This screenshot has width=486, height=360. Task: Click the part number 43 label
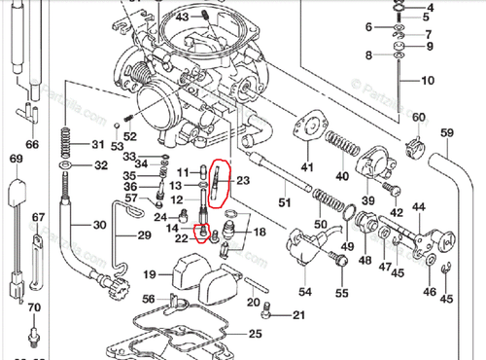[182, 18]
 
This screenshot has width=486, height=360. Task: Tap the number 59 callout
[447, 132]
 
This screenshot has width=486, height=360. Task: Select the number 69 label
[16, 158]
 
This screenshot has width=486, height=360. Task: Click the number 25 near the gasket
[255, 334]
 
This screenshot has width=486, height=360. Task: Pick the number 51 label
[285, 202]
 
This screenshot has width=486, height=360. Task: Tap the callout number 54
[305, 291]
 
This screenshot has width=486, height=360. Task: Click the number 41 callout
[307, 167]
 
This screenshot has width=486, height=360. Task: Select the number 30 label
[98, 226]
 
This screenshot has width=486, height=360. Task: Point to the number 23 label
[243, 180]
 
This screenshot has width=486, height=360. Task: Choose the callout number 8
[367, 55]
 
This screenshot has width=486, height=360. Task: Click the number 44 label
[419, 207]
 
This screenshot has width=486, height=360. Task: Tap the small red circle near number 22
[202, 233]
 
